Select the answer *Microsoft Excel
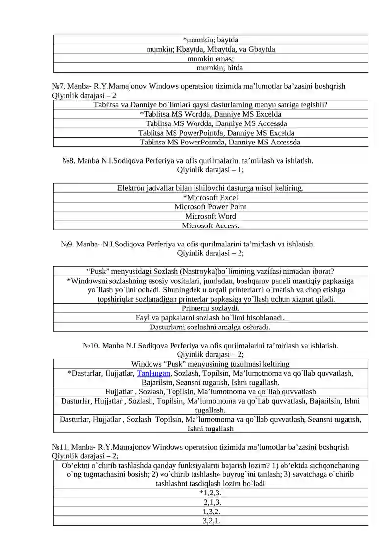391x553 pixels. [x=210, y=198]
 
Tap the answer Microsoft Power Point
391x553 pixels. [x=210, y=207]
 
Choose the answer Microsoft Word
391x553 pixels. [x=210, y=216]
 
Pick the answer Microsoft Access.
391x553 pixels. [x=210, y=225]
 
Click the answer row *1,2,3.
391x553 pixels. [x=210, y=493]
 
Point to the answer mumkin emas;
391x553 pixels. [x=211, y=59]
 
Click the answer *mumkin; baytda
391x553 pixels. [x=210, y=40]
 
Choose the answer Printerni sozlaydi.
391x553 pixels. [x=210, y=308]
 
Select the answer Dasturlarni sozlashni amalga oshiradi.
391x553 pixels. [x=210, y=327]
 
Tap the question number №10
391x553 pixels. [x=91, y=346]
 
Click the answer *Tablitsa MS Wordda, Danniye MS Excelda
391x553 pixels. [x=210, y=114]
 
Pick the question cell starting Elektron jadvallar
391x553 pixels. [x=210, y=188]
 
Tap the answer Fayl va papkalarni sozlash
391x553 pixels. [x=210, y=318]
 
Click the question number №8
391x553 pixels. [x=68, y=161]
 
